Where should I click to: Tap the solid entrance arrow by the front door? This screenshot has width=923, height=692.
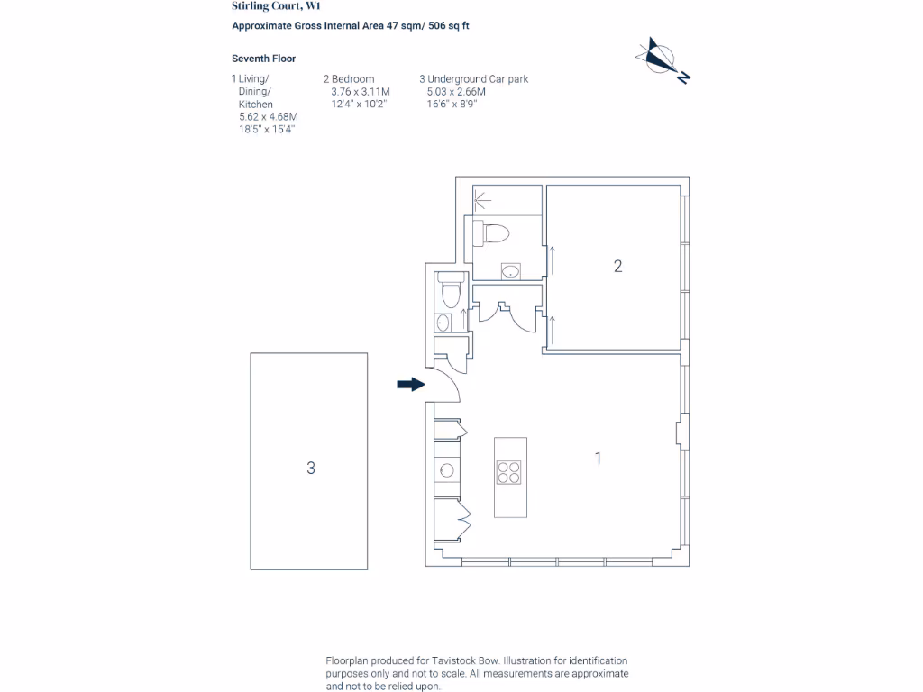click(410, 385)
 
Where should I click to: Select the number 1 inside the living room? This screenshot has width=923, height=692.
click(598, 458)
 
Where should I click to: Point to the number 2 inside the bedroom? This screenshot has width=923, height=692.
click(617, 266)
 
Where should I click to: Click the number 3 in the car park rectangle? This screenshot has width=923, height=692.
click(311, 468)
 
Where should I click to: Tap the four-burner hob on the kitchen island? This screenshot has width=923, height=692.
click(509, 472)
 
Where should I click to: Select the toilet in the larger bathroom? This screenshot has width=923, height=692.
click(495, 233)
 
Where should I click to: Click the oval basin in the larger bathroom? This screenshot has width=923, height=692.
click(511, 270)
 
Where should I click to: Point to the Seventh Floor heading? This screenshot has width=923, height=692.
click(264, 59)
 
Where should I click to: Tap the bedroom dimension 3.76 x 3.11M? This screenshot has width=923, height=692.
click(361, 92)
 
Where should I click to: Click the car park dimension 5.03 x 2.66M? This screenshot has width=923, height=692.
click(456, 92)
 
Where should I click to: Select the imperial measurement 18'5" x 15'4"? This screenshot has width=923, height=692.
click(268, 130)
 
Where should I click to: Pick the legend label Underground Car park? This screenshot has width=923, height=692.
click(478, 79)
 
